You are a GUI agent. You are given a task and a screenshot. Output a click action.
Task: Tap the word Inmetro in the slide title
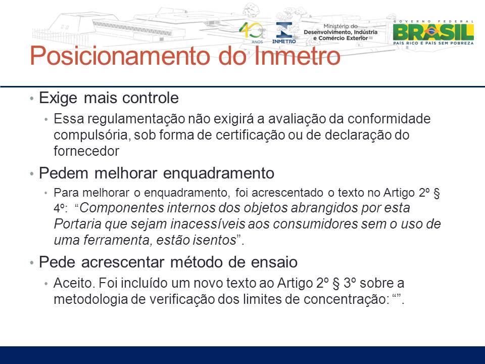coord(297,56)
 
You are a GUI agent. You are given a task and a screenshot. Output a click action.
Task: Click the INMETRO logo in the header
coord(284,33)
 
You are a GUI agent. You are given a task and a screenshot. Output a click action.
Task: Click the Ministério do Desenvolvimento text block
coord(340,32)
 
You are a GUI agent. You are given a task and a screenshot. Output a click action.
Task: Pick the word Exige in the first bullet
coord(58,99)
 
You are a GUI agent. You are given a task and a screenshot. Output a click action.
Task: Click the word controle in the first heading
coord(151,98)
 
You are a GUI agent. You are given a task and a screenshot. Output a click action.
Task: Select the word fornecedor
coord(86,151)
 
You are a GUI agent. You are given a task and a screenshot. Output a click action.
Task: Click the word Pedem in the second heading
coord(64,173)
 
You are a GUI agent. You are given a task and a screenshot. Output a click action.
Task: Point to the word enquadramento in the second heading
coord(218,173)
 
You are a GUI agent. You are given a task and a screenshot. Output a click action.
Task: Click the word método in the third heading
coord(196,262)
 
